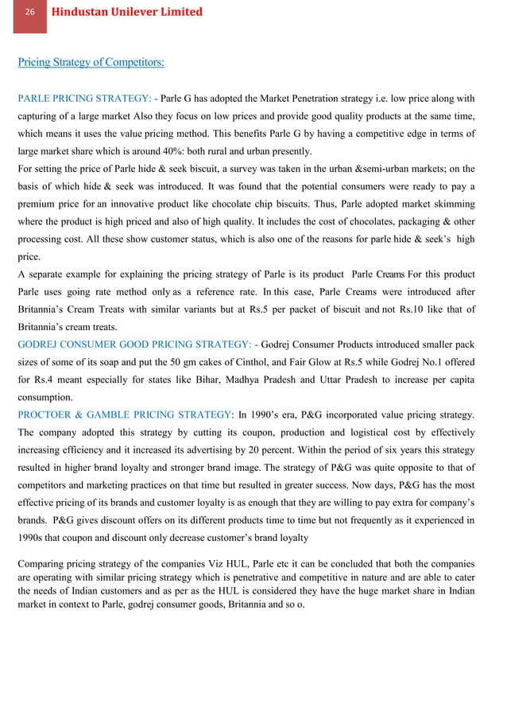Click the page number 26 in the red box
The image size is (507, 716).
[x=30, y=13]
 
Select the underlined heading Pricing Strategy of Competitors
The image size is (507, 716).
[x=91, y=61]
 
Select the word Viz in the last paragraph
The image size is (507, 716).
[x=194, y=564]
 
